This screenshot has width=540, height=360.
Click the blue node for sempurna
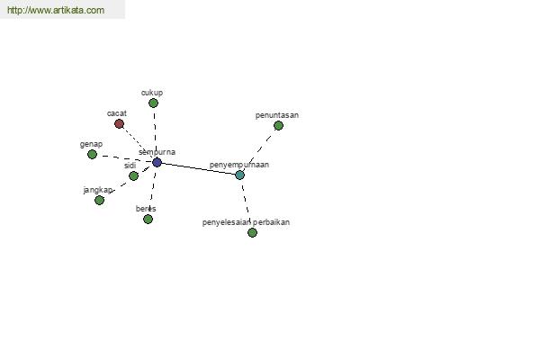pyautogui.click(x=157, y=162)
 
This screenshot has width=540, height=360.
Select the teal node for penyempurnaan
pyautogui.click(x=239, y=175)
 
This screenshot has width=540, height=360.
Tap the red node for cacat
pyautogui.click(x=119, y=123)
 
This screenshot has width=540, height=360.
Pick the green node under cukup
pyautogui.click(x=153, y=103)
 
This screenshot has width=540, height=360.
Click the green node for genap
pyautogui.click(x=92, y=154)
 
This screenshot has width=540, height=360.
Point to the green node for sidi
pyautogui.click(x=133, y=176)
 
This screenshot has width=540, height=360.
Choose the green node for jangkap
pyautogui.click(x=99, y=200)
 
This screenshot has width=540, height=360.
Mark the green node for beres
pyautogui.click(x=148, y=219)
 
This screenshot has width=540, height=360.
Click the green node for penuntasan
pyautogui.click(x=278, y=126)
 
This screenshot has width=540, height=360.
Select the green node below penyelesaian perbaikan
pyautogui.click(x=252, y=232)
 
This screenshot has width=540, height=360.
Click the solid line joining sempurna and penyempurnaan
pyautogui.click(x=198, y=169)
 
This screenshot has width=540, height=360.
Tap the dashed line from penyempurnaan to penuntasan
pyautogui.click(x=259, y=150)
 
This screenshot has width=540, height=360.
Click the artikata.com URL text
pyautogui.click(x=56, y=10)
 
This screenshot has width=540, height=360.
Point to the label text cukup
pyautogui.click(x=152, y=93)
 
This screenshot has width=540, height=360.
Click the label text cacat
pyautogui.click(x=117, y=113)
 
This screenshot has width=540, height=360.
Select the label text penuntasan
pyautogui.click(x=277, y=115)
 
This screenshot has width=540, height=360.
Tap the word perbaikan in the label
pyautogui.click(x=271, y=222)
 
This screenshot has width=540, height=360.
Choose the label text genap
pyautogui.click(x=91, y=144)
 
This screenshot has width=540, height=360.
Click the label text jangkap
pyautogui.click(x=98, y=190)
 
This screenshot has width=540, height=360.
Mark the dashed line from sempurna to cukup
pyautogui.click(x=155, y=132)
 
